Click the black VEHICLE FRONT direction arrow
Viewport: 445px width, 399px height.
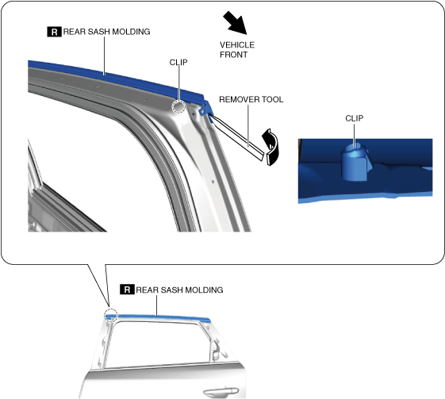click(236, 23)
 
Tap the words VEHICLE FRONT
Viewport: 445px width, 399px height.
click(237, 50)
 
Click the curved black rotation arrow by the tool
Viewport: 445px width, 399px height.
click(270, 147)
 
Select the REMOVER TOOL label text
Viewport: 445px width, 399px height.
click(251, 99)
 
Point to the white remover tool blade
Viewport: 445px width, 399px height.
click(237, 136)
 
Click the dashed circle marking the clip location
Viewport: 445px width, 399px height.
click(178, 107)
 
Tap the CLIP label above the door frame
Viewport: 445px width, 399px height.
click(178, 62)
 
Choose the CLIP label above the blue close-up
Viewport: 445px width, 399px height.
click(355, 118)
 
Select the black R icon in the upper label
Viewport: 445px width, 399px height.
click(54, 32)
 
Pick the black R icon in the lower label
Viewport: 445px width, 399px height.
click(127, 290)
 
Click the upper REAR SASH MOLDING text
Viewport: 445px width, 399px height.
click(107, 32)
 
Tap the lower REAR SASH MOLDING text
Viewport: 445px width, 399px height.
click(179, 290)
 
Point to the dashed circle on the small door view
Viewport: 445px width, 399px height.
click(111, 315)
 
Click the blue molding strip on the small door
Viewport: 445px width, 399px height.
click(158, 317)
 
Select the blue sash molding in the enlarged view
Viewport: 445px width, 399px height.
click(113, 78)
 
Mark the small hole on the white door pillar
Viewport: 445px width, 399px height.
click(213, 182)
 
